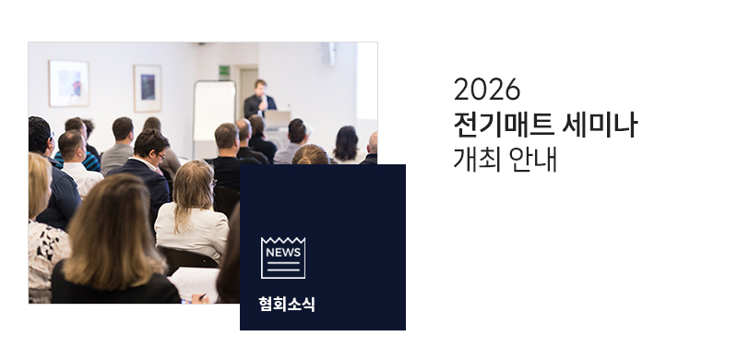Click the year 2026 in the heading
tap(487, 90)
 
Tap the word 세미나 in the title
tap(601, 125)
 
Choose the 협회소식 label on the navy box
tap(287, 304)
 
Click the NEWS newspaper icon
tap(283, 258)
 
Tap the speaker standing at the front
tap(259, 100)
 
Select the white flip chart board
tap(215, 111)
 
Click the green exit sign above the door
tap(224, 70)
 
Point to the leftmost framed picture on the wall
tap(68, 83)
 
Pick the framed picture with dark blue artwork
tap(148, 88)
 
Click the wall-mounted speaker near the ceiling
tap(328, 54)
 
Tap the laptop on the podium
tap(278, 118)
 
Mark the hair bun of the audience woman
tap(304, 161)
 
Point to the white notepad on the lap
tap(195, 284)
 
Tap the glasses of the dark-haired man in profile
tap(161, 156)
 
